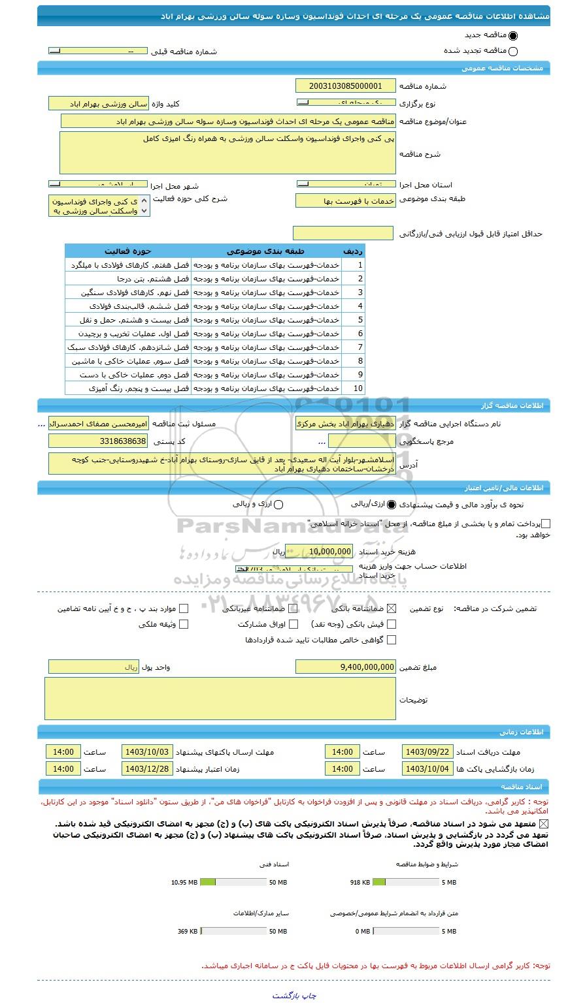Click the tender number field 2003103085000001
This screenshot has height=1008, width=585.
346,86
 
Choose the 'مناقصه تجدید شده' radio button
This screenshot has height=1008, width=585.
512,52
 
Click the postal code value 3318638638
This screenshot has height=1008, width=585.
99,442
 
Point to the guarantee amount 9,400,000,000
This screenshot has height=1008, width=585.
346,667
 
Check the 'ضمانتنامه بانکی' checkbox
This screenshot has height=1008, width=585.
392,608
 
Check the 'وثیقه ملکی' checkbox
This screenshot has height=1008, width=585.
184,624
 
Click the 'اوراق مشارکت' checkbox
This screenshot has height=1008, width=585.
293,624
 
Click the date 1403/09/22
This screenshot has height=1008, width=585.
427,751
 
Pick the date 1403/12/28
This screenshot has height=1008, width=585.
147,768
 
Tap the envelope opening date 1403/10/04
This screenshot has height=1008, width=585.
427,768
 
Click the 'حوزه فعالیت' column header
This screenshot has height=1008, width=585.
128,251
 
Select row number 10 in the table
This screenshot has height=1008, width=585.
358,388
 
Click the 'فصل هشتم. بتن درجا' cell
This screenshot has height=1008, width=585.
128,279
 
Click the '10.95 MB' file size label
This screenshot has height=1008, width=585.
184,883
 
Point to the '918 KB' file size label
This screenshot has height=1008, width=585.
360,883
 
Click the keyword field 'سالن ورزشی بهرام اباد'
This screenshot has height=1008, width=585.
99,104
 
